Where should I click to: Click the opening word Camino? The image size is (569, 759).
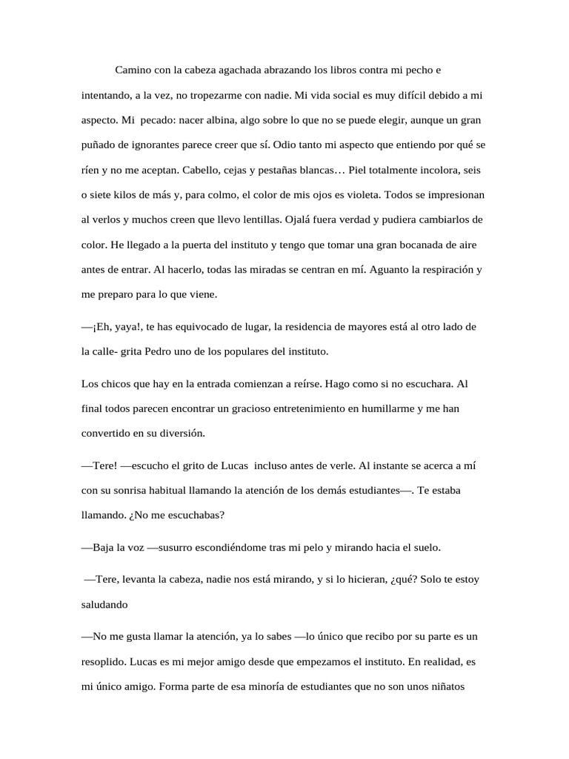(133, 70)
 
